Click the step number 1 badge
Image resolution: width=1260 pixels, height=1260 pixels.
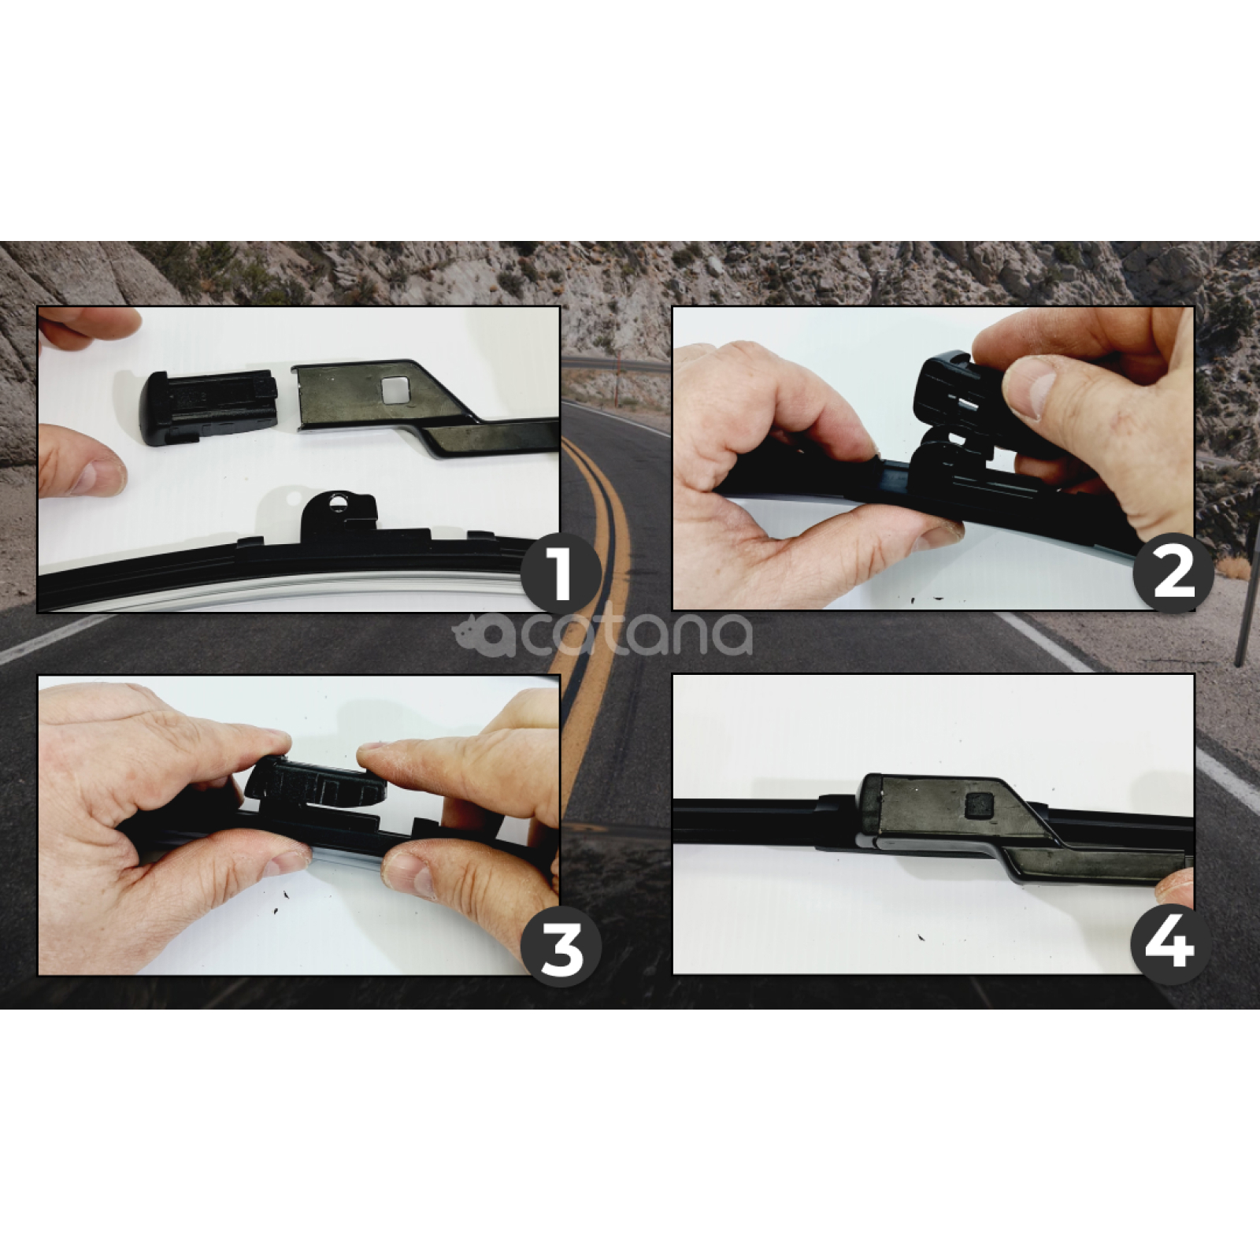point(561,573)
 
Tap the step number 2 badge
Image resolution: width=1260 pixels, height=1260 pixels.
point(1173,573)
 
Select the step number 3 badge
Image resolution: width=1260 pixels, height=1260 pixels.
point(561,948)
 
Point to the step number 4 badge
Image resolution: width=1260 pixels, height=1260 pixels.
point(1171,943)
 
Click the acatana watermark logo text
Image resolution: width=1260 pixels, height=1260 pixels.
point(602,635)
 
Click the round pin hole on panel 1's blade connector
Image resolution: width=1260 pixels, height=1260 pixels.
point(339,502)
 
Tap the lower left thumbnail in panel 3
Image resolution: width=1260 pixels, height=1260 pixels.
point(287,862)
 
